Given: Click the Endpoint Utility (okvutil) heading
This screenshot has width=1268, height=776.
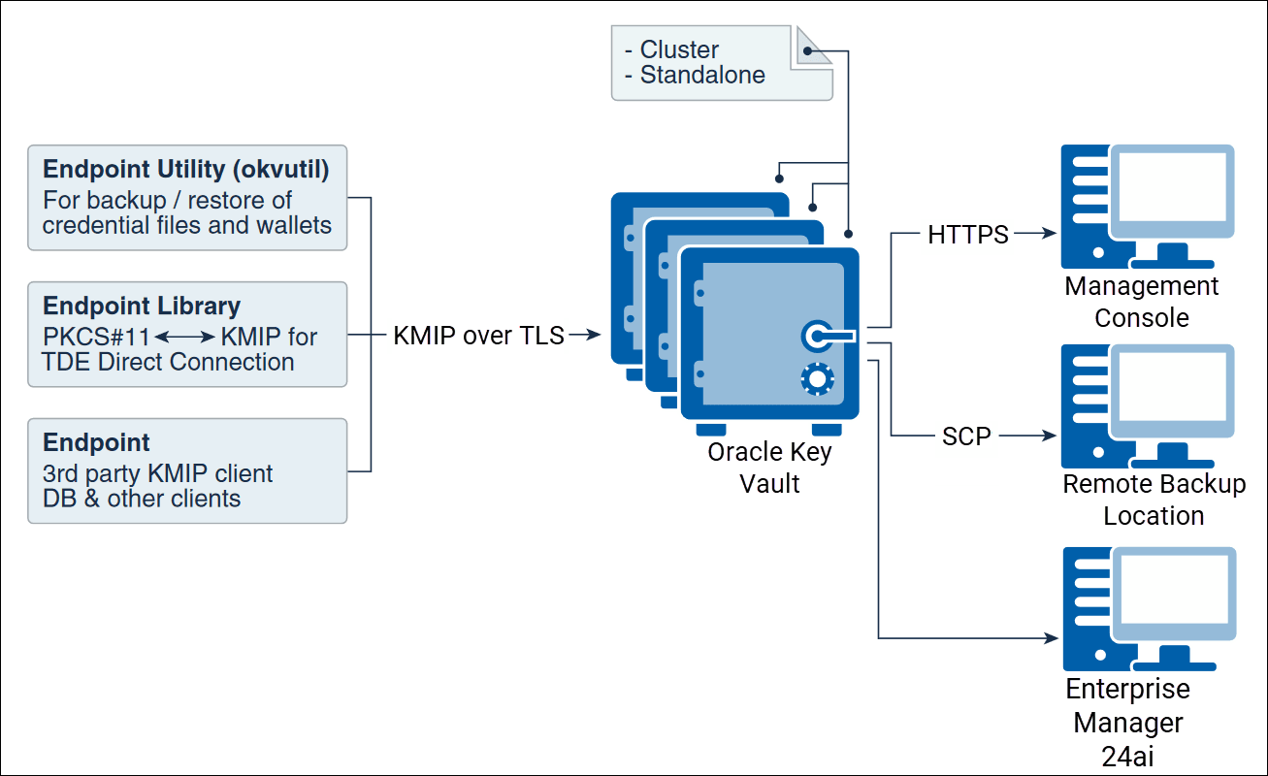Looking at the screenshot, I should click(185, 170).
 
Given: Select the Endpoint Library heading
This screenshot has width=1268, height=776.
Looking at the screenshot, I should click(142, 307).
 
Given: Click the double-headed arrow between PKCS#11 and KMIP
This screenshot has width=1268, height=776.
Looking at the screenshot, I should click(185, 338).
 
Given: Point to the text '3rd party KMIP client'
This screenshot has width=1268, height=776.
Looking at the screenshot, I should click(157, 473).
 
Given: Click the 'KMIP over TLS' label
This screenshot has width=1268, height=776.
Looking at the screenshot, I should click(478, 336).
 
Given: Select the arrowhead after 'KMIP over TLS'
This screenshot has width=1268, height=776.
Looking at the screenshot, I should click(596, 336).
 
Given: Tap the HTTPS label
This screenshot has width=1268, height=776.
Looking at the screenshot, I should click(967, 234).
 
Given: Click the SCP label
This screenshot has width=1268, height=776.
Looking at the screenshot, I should click(966, 436).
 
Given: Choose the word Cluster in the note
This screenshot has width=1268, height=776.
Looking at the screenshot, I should click(679, 49).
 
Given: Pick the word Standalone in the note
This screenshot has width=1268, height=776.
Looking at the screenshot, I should click(702, 75).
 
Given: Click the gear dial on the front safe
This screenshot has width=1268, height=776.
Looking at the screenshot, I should click(818, 379).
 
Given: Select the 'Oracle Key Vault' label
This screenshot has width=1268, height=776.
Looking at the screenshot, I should click(769, 468).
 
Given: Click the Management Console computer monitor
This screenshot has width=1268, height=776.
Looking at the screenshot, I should click(1172, 194).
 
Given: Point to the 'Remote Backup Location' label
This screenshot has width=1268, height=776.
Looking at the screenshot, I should click(1154, 500).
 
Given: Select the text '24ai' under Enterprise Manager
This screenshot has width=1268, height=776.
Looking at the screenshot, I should click(1128, 757).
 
